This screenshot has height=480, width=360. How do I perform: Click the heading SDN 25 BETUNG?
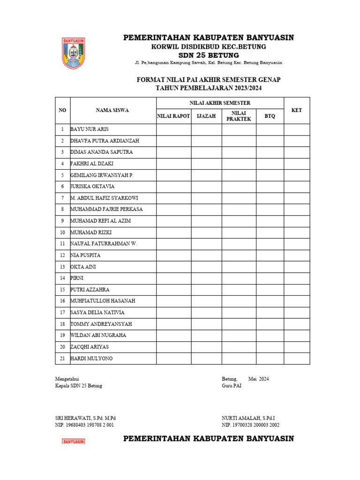(208, 55)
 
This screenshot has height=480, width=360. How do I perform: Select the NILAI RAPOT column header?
(173, 116)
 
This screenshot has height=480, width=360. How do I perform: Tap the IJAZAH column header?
(206, 116)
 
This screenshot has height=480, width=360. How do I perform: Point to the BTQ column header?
(270, 116)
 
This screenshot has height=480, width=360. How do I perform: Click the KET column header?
(296, 110)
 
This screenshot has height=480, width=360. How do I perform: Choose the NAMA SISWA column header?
(112, 110)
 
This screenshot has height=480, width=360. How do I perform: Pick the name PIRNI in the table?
(77, 278)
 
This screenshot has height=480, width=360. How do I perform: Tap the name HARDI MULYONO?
(91, 359)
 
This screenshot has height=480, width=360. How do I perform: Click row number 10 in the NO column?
(62, 232)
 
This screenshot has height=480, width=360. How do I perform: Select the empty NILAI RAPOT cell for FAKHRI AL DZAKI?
(173, 164)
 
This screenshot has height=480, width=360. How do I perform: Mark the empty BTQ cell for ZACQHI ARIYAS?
(270, 347)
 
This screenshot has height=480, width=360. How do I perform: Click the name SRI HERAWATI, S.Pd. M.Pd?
(85, 418)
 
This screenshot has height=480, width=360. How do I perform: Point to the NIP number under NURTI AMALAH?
(250, 425)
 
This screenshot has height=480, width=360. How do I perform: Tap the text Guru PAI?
(232, 386)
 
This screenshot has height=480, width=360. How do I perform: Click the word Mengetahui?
(67, 379)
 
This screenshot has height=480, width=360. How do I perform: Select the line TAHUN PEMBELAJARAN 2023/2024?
(208, 88)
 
